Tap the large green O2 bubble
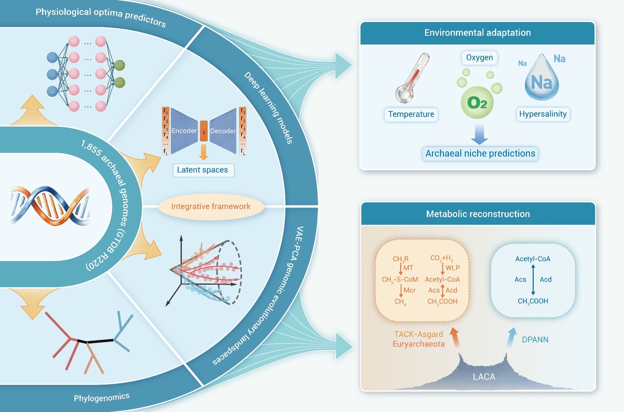click(x=477, y=102)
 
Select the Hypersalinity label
click(x=543, y=114)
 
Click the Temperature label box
click(x=411, y=114)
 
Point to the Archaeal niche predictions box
click(x=480, y=154)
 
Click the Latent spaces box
click(x=203, y=170)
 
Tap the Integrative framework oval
click(x=211, y=206)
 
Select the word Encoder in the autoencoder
click(x=184, y=131)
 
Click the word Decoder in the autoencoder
click(x=223, y=131)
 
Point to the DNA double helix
click(x=50, y=205)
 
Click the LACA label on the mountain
click(x=484, y=377)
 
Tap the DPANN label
click(x=535, y=340)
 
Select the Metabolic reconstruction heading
click(x=478, y=214)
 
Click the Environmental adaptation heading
click(x=478, y=33)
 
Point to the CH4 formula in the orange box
click(x=400, y=302)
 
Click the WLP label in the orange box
click(x=453, y=268)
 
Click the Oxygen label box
click(x=479, y=58)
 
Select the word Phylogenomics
click(x=102, y=397)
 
